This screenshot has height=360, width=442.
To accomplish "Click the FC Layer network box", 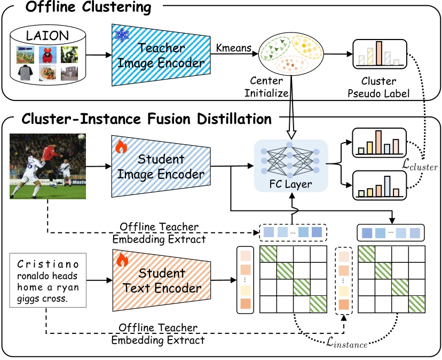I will [291, 166].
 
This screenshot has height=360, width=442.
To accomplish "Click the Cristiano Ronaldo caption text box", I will [46, 280].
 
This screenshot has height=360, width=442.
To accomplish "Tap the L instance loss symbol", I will [347, 343].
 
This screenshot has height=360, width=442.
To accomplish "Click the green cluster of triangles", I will [275, 50].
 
